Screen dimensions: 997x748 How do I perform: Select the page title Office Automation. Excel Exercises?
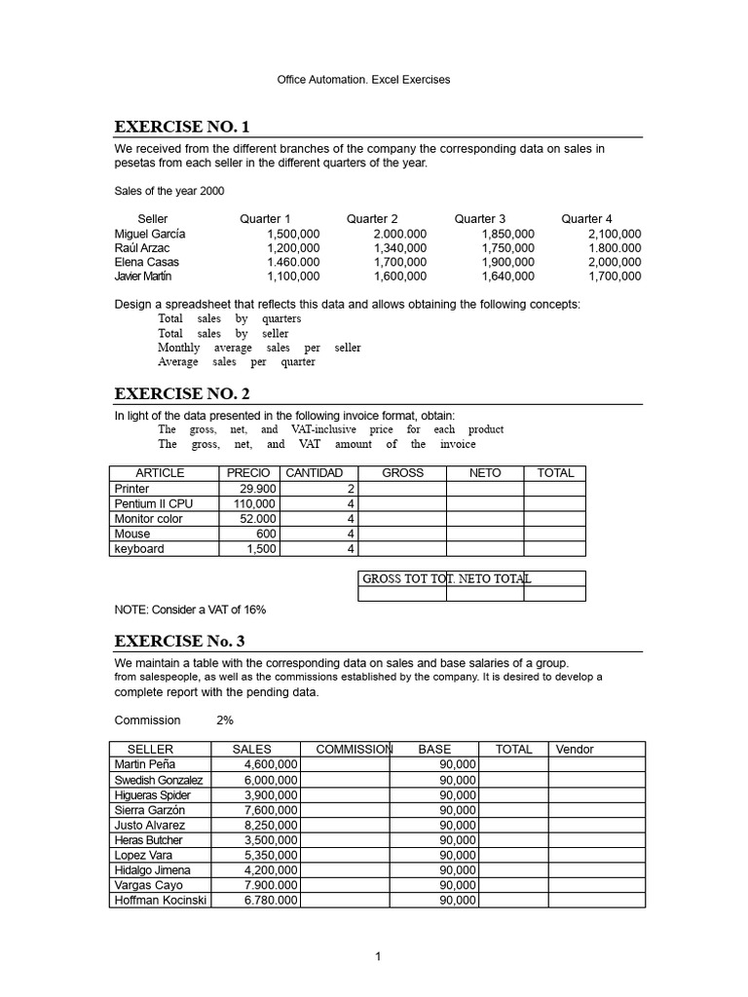[364, 80]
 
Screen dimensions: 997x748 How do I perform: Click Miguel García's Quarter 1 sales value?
[292, 234]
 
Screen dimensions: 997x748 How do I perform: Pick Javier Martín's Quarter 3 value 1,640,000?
[507, 277]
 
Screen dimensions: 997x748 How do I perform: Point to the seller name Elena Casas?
[147, 262]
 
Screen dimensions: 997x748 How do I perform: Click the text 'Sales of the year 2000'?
[169, 191]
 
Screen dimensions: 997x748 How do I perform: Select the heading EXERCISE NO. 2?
[182, 393]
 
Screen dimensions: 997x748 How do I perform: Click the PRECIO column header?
[248, 473]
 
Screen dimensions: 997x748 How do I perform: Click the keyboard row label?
[139, 549]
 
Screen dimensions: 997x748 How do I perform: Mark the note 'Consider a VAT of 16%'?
[190, 609]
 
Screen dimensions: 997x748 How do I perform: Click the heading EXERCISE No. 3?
[180, 641]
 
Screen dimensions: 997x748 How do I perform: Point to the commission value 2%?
[224, 720]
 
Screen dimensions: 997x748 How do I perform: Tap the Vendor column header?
[575, 750]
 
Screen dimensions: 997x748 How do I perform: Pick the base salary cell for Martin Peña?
[457, 765]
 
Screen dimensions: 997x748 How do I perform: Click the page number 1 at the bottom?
[378, 957]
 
